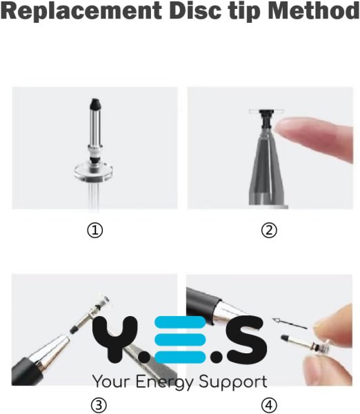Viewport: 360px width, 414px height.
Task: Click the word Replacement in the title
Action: pyautogui.click(x=81, y=11)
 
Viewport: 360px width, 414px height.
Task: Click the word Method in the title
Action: pyautogui.click(x=314, y=11)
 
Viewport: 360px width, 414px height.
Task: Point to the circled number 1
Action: pyautogui.click(x=94, y=230)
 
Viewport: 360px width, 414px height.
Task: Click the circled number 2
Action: pyautogui.click(x=269, y=230)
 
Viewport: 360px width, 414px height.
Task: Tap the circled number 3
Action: pyautogui.click(x=99, y=405)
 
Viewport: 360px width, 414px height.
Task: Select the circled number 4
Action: pyautogui.click(x=269, y=405)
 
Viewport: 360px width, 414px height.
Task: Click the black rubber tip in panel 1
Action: pyautogui.click(x=95, y=104)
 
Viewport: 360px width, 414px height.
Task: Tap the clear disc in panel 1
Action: pyautogui.click(x=93, y=172)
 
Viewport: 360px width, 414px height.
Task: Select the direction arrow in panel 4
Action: pyautogui.click(x=290, y=324)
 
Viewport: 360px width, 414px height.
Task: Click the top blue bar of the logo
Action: pyautogui.click(x=180, y=322)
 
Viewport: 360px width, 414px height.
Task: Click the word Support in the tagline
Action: pyautogui.click(x=233, y=382)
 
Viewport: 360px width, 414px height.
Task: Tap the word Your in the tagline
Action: pyautogui.click(x=112, y=382)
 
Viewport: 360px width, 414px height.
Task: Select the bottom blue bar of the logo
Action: pyautogui.click(x=180, y=357)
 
